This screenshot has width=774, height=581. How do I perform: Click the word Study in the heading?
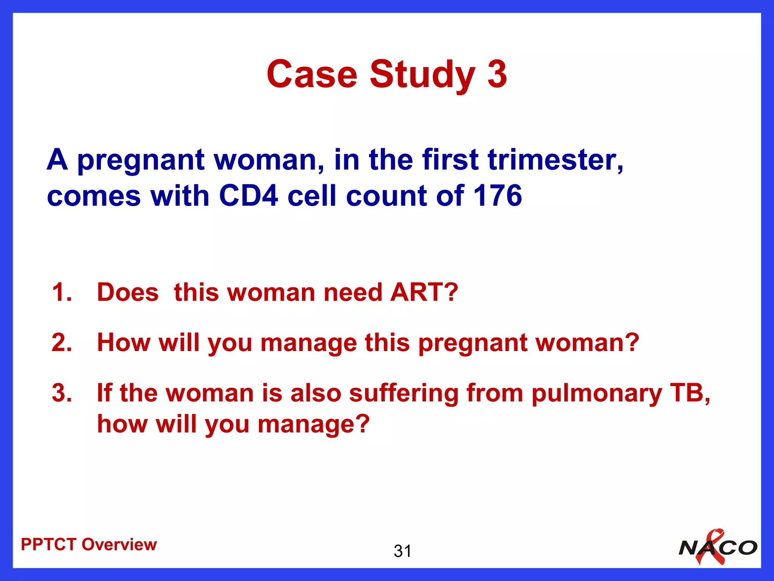(x=422, y=75)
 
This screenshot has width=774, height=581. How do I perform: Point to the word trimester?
(x=555, y=160)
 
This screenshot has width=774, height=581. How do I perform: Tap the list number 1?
(x=62, y=292)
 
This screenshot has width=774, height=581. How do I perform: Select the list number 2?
(x=62, y=343)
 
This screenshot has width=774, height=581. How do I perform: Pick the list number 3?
(x=62, y=393)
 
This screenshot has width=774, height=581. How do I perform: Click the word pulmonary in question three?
(x=596, y=394)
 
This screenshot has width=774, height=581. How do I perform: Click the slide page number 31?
(x=402, y=551)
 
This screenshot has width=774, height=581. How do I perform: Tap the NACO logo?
(x=718, y=548)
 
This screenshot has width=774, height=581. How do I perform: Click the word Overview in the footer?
(x=119, y=545)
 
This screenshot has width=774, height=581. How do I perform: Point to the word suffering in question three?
(x=403, y=394)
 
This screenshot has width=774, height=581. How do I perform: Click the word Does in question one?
(x=128, y=292)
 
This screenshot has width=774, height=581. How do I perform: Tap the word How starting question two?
(x=124, y=343)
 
